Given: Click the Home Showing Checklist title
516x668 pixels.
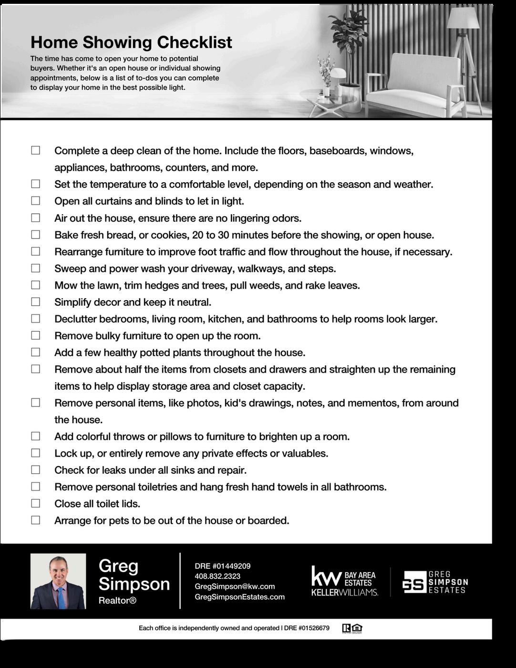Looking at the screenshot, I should pyautogui.click(x=131, y=42).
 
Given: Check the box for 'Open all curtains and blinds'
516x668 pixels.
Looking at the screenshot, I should pyautogui.click(x=36, y=201).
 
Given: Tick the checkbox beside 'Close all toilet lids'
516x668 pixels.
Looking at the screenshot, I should pyautogui.click(x=36, y=503).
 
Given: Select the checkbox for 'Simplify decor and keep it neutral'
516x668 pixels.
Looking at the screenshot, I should pyautogui.click(x=36, y=302).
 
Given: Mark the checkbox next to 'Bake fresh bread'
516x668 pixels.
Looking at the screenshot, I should pyautogui.click(x=36, y=234).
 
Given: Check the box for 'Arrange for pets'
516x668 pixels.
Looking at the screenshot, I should pyautogui.click(x=36, y=520).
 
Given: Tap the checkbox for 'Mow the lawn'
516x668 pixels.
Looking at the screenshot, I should pyautogui.click(x=36, y=285).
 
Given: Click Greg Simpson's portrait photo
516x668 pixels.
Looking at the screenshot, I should pyautogui.click(x=58, y=581).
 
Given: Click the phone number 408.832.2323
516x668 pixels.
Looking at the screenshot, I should pyautogui.click(x=217, y=576).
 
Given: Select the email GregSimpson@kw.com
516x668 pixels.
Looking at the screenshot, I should pyautogui.click(x=235, y=586).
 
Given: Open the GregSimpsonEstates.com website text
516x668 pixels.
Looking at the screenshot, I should pyautogui.click(x=239, y=597).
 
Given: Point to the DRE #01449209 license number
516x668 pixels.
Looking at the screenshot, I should pyautogui.click(x=222, y=566).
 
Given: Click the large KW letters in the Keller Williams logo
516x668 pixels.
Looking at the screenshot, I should pyautogui.click(x=326, y=576).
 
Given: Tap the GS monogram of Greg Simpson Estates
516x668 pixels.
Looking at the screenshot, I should pyautogui.click(x=413, y=582).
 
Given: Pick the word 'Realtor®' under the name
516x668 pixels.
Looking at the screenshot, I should pyautogui.click(x=117, y=601).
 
